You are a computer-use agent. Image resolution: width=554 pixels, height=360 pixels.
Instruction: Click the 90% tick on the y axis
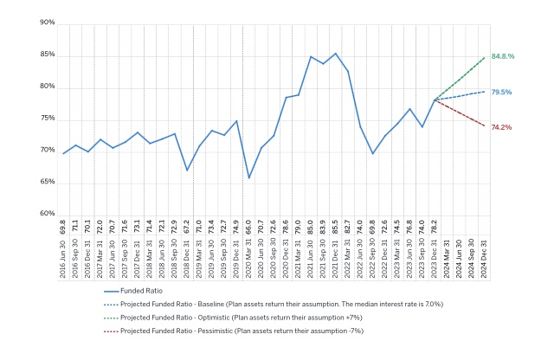(x=47, y=22)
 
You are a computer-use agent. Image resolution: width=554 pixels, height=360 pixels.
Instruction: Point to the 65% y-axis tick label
(x=47, y=182)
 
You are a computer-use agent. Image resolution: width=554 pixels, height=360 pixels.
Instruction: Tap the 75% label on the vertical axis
(x=47, y=119)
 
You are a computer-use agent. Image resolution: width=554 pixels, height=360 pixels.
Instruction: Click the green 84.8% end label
(x=503, y=56)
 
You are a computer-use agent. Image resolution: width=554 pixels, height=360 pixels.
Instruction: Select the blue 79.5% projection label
(x=501, y=92)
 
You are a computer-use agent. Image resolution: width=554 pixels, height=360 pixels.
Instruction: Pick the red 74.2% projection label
(x=501, y=127)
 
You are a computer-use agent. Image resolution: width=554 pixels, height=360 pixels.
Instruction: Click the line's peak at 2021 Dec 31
(x=336, y=53)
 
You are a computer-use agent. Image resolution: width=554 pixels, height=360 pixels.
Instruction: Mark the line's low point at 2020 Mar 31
(x=249, y=178)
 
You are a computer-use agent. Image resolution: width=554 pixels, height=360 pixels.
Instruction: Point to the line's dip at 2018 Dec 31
(x=187, y=170)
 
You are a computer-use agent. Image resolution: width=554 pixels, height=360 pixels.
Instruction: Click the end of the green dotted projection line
(x=485, y=57)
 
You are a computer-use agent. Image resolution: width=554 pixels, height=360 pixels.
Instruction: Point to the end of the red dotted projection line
(x=485, y=126)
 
